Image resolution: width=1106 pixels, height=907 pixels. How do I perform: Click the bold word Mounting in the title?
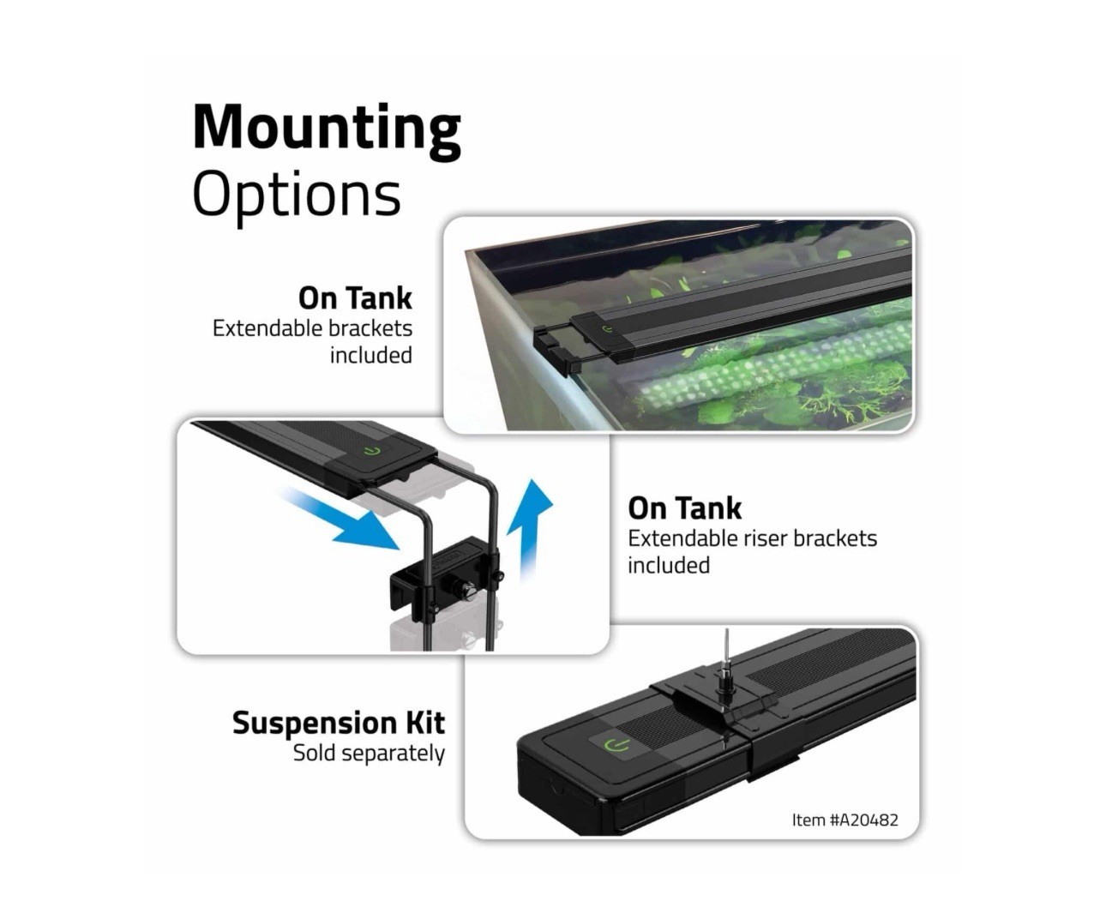[x=326, y=129]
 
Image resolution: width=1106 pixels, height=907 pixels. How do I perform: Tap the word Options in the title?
[x=296, y=195]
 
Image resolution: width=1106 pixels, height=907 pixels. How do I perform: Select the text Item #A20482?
[x=845, y=820]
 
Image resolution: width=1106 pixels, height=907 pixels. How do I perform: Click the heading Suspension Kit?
[x=338, y=723]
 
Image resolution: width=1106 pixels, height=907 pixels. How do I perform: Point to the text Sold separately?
[x=369, y=754]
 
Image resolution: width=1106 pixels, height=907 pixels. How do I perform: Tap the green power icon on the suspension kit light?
[x=616, y=743]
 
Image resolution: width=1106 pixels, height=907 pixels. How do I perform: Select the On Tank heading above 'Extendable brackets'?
[x=355, y=298]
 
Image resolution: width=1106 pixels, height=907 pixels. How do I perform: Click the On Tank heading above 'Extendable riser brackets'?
[x=684, y=508]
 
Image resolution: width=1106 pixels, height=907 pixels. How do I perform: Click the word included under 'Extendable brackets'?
[x=370, y=355]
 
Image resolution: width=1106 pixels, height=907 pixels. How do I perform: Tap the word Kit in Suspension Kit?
[x=425, y=723]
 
